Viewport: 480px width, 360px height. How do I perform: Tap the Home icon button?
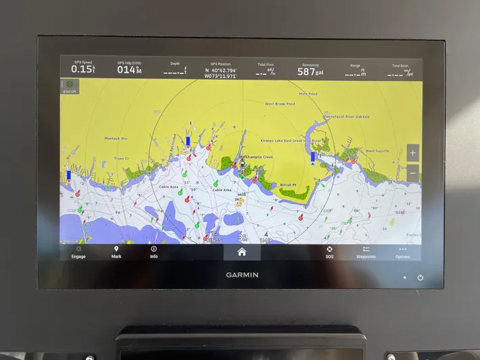242,252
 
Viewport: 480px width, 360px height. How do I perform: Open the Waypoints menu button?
366,252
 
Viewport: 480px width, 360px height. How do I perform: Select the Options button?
402,252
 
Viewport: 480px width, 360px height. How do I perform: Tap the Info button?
154,252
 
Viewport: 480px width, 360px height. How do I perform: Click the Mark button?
116,252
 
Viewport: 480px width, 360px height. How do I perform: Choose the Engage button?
78,252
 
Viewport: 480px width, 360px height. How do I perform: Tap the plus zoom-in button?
412,153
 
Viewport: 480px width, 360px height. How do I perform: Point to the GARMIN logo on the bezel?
242,274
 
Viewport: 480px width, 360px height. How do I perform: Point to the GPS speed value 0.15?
83,69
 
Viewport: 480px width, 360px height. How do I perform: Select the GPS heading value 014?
128,70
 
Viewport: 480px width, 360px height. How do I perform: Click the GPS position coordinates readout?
221,73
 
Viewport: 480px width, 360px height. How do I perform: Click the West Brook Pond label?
279,104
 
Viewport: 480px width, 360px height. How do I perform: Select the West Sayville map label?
377,151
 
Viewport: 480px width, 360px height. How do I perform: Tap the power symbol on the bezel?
420,278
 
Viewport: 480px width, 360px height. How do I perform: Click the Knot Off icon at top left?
70,86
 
